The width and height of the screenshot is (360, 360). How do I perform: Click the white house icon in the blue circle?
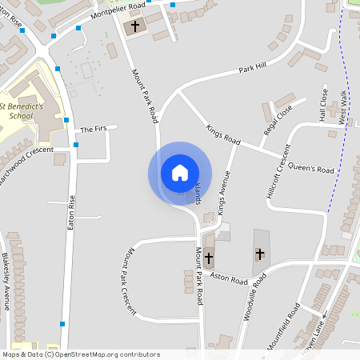click(x=179, y=173)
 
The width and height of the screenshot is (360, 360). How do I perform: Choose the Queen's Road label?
click(x=310, y=169)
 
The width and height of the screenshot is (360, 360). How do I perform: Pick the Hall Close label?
click(x=324, y=105)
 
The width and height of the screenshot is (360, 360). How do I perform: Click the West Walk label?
click(x=342, y=106)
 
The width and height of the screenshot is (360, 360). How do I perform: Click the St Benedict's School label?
click(x=27, y=110)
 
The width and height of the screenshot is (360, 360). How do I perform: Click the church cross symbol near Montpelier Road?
click(x=135, y=26)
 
